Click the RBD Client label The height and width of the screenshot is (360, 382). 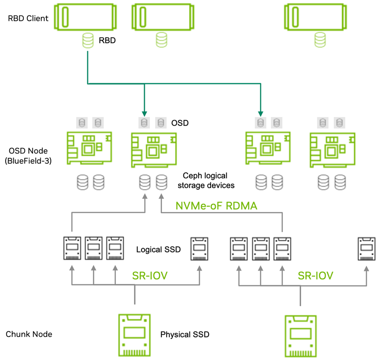tap(28, 18)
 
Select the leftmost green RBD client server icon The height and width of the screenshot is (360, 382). tap(85, 17)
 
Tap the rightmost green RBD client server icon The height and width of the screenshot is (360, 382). tap(316, 17)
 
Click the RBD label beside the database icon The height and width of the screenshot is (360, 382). tap(107, 40)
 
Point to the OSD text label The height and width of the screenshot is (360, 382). tap(180, 123)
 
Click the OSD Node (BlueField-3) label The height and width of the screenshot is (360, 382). tap(28, 156)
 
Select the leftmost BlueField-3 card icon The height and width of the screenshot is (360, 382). tap(89, 148)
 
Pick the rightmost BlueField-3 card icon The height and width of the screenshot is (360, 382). tap(332, 150)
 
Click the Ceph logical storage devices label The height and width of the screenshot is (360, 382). tap(206, 180)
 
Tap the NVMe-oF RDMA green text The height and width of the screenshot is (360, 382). tap(216, 206)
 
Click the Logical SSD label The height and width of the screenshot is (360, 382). tap(158, 249)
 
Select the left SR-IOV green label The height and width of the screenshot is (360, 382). tap(150, 276)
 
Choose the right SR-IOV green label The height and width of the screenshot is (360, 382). tap(316, 276)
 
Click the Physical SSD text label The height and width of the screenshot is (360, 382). tap(185, 334)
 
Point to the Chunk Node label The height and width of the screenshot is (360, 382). tap(29, 334)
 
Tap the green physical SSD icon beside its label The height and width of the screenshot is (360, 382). tap(134, 335)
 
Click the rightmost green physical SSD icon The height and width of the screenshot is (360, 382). tap(301, 337)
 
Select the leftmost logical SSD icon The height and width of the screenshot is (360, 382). tap(73, 248)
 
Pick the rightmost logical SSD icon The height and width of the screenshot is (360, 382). tap(367, 249)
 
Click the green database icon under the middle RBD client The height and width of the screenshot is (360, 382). tap(161, 40)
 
